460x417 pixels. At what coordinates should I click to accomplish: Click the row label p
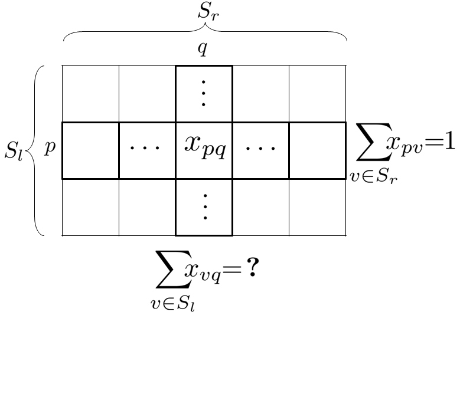coord(50,148)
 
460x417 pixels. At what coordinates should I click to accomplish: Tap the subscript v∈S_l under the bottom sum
coord(172,304)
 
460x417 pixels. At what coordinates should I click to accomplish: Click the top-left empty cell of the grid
coord(90,94)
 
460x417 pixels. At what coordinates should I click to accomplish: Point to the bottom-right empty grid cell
coord(317,208)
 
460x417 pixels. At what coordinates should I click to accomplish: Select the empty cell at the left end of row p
coord(90,150)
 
